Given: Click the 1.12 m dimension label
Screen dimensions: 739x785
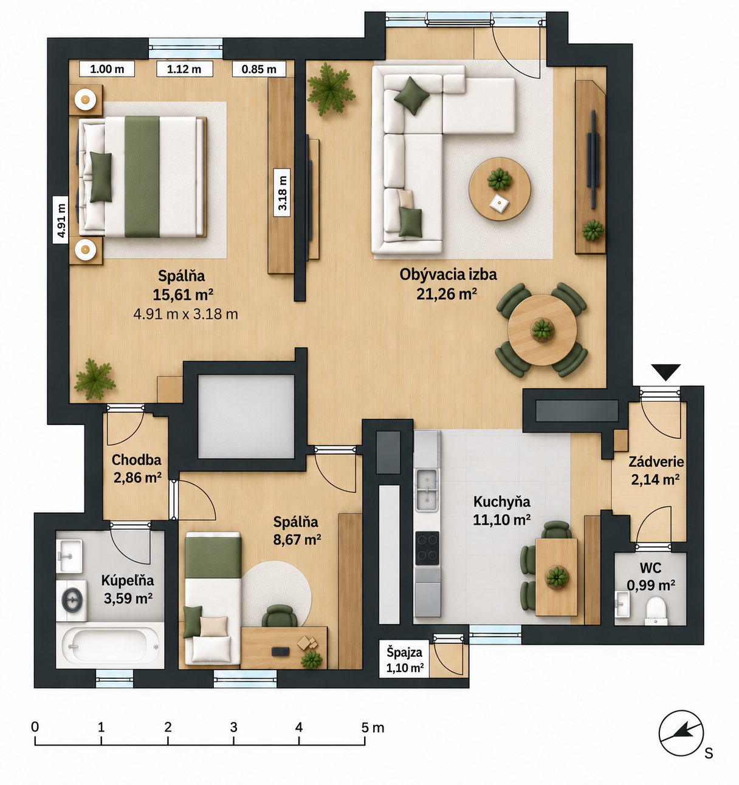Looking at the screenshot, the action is [185, 69].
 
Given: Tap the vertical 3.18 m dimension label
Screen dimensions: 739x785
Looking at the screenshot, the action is [282, 192].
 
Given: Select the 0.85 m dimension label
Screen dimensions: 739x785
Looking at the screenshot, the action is [259, 69].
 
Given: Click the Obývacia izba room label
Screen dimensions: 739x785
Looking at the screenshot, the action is [448, 274].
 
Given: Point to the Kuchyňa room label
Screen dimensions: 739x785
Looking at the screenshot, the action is [502, 501].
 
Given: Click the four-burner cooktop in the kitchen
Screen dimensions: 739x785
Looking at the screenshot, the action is [427, 548].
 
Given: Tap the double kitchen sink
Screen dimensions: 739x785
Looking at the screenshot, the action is [427, 490].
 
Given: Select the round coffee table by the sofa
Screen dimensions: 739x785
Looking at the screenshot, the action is [500, 189].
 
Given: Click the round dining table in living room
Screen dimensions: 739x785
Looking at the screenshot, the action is [542, 330].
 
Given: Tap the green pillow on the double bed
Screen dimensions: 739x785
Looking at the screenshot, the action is [100, 177].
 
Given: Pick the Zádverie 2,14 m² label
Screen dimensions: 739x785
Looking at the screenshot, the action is [656, 471].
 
